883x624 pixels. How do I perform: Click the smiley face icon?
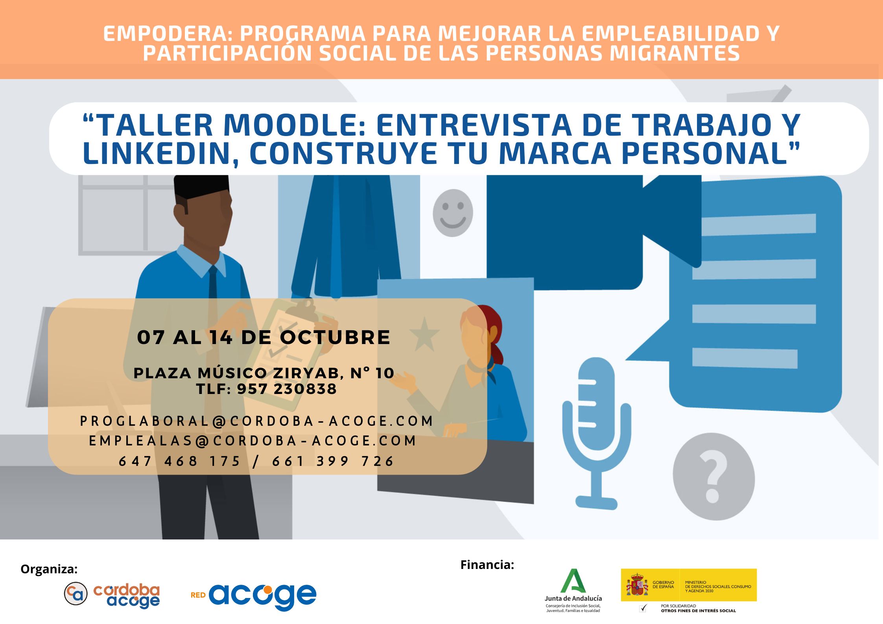(x=453, y=213)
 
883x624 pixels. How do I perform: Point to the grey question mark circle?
(x=713, y=477)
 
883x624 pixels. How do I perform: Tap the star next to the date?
(x=424, y=334)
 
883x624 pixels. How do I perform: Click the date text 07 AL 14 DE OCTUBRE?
(x=264, y=337)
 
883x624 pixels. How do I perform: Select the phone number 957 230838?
(x=287, y=389)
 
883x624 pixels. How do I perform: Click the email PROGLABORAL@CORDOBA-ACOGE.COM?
(x=256, y=421)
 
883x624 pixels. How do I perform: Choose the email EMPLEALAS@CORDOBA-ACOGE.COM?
(x=252, y=441)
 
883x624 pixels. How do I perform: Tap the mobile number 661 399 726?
(x=333, y=461)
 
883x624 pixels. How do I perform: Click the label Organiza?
(x=49, y=569)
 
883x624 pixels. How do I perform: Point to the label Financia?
(x=487, y=565)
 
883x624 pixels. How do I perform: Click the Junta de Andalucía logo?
(x=573, y=590)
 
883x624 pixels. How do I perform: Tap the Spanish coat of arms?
(x=637, y=585)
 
